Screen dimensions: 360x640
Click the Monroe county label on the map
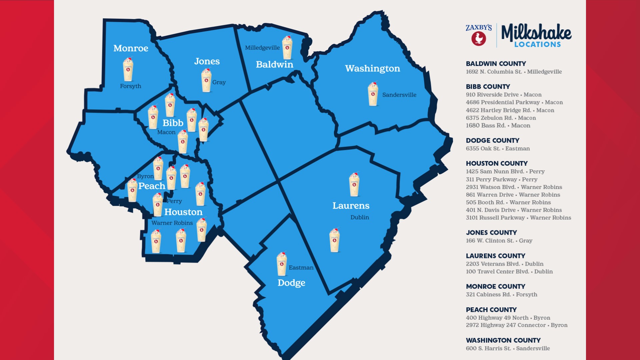point(131,48)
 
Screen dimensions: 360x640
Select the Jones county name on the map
point(207,61)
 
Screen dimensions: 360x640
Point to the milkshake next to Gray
point(206,80)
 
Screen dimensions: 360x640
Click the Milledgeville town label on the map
point(262,48)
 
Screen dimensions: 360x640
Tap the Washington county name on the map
point(372,68)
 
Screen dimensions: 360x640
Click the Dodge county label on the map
point(291,283)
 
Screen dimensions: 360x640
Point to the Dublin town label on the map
point(360,217)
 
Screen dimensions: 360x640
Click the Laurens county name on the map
point(351,206)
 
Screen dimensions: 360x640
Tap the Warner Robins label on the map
point(172,223)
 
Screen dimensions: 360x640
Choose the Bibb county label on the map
point(173,123)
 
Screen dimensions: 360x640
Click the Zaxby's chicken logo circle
point(479,39)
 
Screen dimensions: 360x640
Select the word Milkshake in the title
point(536,32)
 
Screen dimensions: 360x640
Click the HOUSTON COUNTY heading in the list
point(497,163)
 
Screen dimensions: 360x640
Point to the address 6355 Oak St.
point(483,149)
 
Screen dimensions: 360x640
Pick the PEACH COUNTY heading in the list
point(491,310)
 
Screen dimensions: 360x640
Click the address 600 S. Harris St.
point(488,348)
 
